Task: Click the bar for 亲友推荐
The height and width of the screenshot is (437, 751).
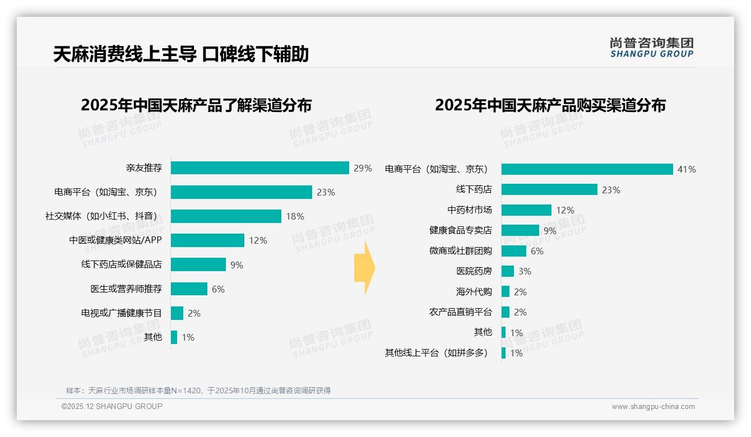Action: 260,168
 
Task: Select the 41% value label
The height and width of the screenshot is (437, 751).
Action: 687,169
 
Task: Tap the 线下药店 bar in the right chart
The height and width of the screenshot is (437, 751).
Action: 549,189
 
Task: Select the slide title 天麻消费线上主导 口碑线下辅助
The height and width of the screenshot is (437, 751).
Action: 180,54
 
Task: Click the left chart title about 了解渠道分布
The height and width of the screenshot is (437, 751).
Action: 196,105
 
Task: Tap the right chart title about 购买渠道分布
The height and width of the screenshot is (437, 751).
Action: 550,105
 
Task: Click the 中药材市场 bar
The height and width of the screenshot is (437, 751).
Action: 526,210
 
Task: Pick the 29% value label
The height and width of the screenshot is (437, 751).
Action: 363,168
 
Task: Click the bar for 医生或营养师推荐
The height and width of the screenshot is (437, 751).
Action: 189,289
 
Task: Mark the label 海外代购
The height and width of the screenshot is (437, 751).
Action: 474,292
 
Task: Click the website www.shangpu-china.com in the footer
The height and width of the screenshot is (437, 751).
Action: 653,407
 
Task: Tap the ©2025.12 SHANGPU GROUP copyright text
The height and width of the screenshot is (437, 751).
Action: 112,406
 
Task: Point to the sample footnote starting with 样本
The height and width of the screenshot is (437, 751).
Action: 198,390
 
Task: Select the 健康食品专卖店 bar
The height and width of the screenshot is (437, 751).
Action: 520,230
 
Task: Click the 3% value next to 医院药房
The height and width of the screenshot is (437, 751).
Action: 525,272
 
